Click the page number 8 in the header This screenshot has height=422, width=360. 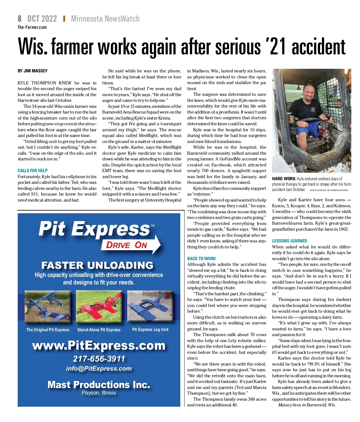(x=20, y=19)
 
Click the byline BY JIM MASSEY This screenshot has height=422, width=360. (x=32, y=71)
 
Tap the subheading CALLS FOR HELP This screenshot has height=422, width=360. (x=32, y=170)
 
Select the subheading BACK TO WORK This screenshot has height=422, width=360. (x=201, y=258)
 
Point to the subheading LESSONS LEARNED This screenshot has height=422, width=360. (x=289, y=241)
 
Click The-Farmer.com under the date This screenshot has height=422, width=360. (x=32, y=27)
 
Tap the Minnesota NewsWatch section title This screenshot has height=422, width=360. (x=105, y=19)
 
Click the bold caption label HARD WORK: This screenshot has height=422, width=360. (x=284, y=179)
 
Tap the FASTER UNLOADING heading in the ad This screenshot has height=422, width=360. (x=97, y=265)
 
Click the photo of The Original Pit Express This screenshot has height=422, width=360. (x=48, y=307)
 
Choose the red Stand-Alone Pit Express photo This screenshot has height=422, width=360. (x=99, y=307)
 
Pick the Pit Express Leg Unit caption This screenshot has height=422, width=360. (x=150, y=329)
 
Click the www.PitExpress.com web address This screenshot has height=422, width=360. (x=99, y=345)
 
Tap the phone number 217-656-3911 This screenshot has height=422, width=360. (x=99, y=359)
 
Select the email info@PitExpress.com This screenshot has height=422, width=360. (x=99, y=369)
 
